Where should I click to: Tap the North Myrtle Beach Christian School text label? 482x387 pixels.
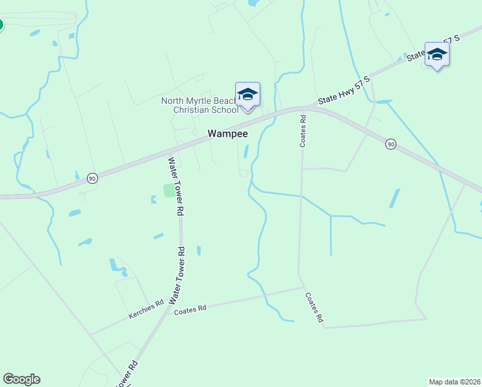[199, 105]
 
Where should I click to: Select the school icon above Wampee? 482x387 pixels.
[247, 95]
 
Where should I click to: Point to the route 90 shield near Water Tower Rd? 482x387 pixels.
[93, 179]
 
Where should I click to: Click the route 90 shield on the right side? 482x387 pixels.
[390, 144]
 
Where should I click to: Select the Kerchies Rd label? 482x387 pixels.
[146, 311]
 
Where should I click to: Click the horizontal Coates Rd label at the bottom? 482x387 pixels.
[190, 310]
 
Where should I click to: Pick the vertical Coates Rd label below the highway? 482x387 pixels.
[302, 131]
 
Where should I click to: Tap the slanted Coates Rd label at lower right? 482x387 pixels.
[314, 308]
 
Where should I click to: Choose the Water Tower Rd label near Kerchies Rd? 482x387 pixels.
[177, 275]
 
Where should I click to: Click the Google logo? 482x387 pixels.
[21, 379]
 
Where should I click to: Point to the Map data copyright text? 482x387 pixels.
[455, 382]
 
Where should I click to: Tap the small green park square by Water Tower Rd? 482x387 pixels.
[169, 190]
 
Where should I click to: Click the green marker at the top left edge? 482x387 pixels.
[1, 25]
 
